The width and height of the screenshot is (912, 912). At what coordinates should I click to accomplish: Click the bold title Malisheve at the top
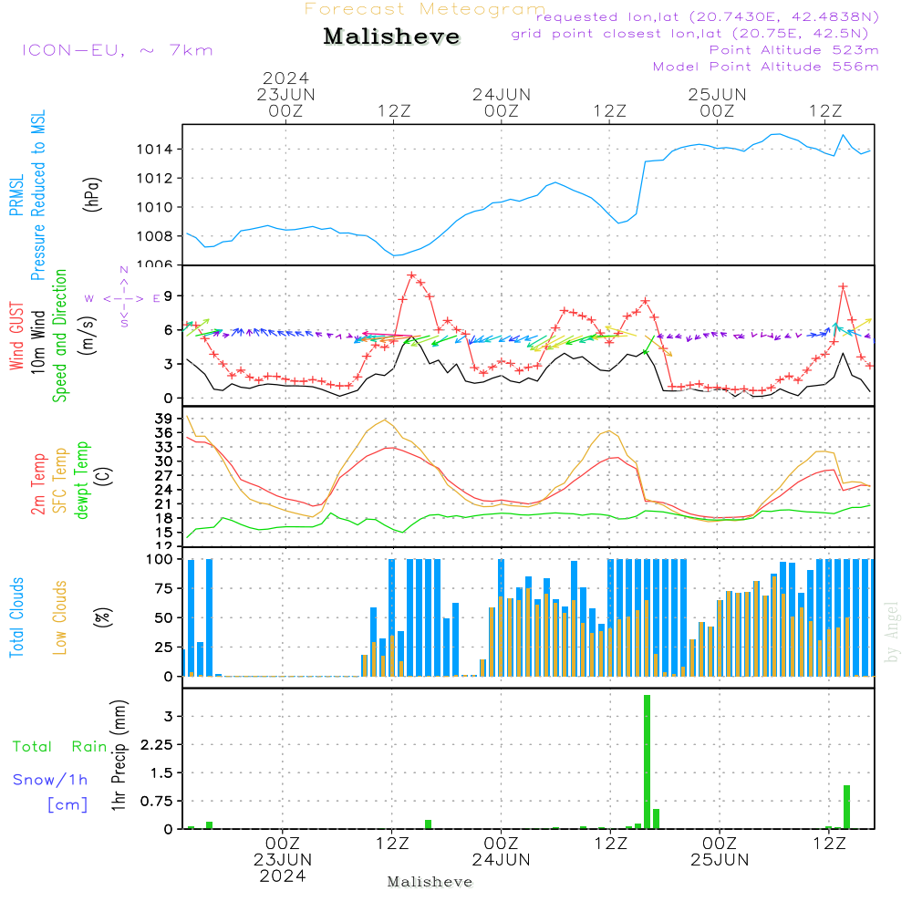click(391, 36)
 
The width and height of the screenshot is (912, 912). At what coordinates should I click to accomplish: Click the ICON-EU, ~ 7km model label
click(117, 49)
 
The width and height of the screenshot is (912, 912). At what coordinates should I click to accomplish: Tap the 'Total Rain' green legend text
click(59, 746)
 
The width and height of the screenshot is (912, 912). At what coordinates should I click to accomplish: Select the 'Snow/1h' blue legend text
click(50, 780)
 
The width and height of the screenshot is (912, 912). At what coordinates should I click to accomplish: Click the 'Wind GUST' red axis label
click(17, 338)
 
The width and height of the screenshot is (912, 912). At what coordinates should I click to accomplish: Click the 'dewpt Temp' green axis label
click(82, 481)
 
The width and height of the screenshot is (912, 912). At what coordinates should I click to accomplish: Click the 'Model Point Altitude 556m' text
click(765, 67)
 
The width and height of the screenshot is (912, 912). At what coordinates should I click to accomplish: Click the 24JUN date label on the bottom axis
click(502, 860)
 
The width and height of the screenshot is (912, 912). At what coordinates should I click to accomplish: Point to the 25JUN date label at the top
click(717, 95)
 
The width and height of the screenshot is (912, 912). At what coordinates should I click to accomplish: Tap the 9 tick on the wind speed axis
click(169, 295)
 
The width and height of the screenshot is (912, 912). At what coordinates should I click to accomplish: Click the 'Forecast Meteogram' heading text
click(425, 9)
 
